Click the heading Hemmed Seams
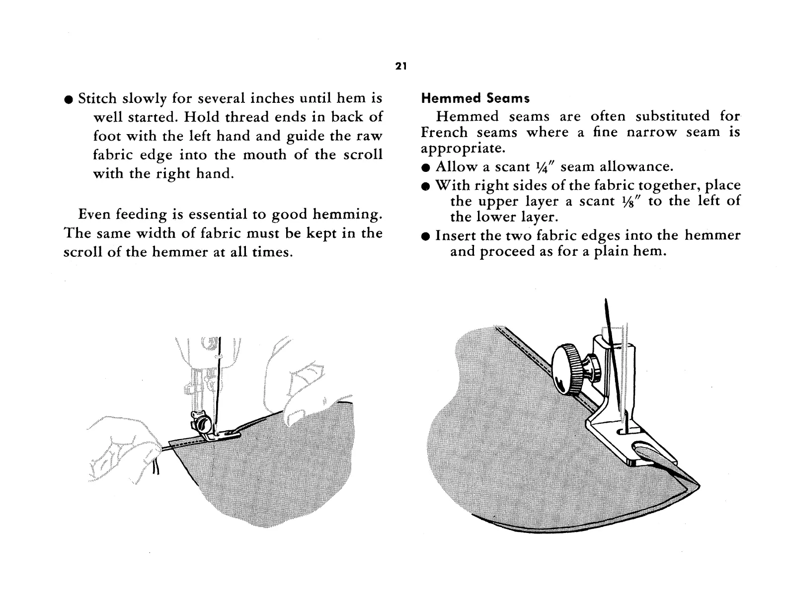(475, 98)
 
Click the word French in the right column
(444, 133)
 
